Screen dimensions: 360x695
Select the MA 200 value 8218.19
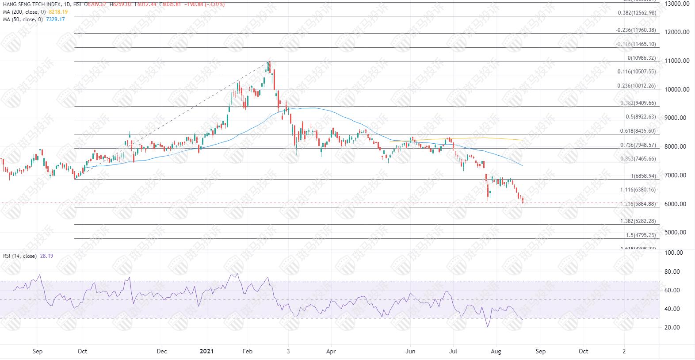(x=58, y=12)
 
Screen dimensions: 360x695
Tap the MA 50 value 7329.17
(x=56, y=19)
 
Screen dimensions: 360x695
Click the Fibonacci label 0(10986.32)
(x=642, y=58)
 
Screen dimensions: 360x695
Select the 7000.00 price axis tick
(x=678, y=176)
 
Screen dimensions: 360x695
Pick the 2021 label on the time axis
(x=206, y=352)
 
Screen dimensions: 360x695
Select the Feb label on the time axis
(x=247, y=352)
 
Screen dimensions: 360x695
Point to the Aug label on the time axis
(x=496, y=352)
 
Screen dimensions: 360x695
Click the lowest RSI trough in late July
(x=487, y=326)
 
